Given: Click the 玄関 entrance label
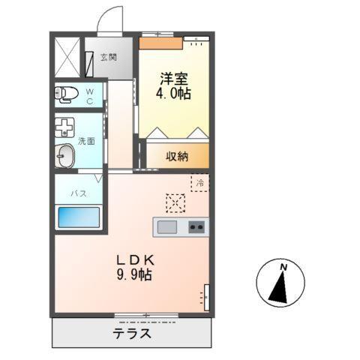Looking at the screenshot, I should click(110, 56).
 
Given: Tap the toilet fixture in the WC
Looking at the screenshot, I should click(67, 94).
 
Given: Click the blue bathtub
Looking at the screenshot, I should click(79, 218).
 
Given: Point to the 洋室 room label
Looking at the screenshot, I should click(172, 77).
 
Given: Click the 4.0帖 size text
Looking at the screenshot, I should click(173, 94).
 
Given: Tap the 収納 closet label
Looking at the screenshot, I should click(177, 156).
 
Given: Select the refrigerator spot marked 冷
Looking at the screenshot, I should click(199, 182).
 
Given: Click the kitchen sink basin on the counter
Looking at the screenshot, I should click(166, 226).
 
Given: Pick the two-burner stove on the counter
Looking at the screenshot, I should click(197, 226).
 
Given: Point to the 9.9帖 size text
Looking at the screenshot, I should click(134, 276).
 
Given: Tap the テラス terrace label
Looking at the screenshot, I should click(133, 334).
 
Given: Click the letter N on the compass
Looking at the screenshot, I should click(284, 267).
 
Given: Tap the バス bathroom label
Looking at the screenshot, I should click(78, 193).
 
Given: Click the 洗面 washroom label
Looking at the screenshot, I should click(86, 140).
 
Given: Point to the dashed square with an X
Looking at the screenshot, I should click(175, 202).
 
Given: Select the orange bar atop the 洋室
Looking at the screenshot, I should click(160, 43).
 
